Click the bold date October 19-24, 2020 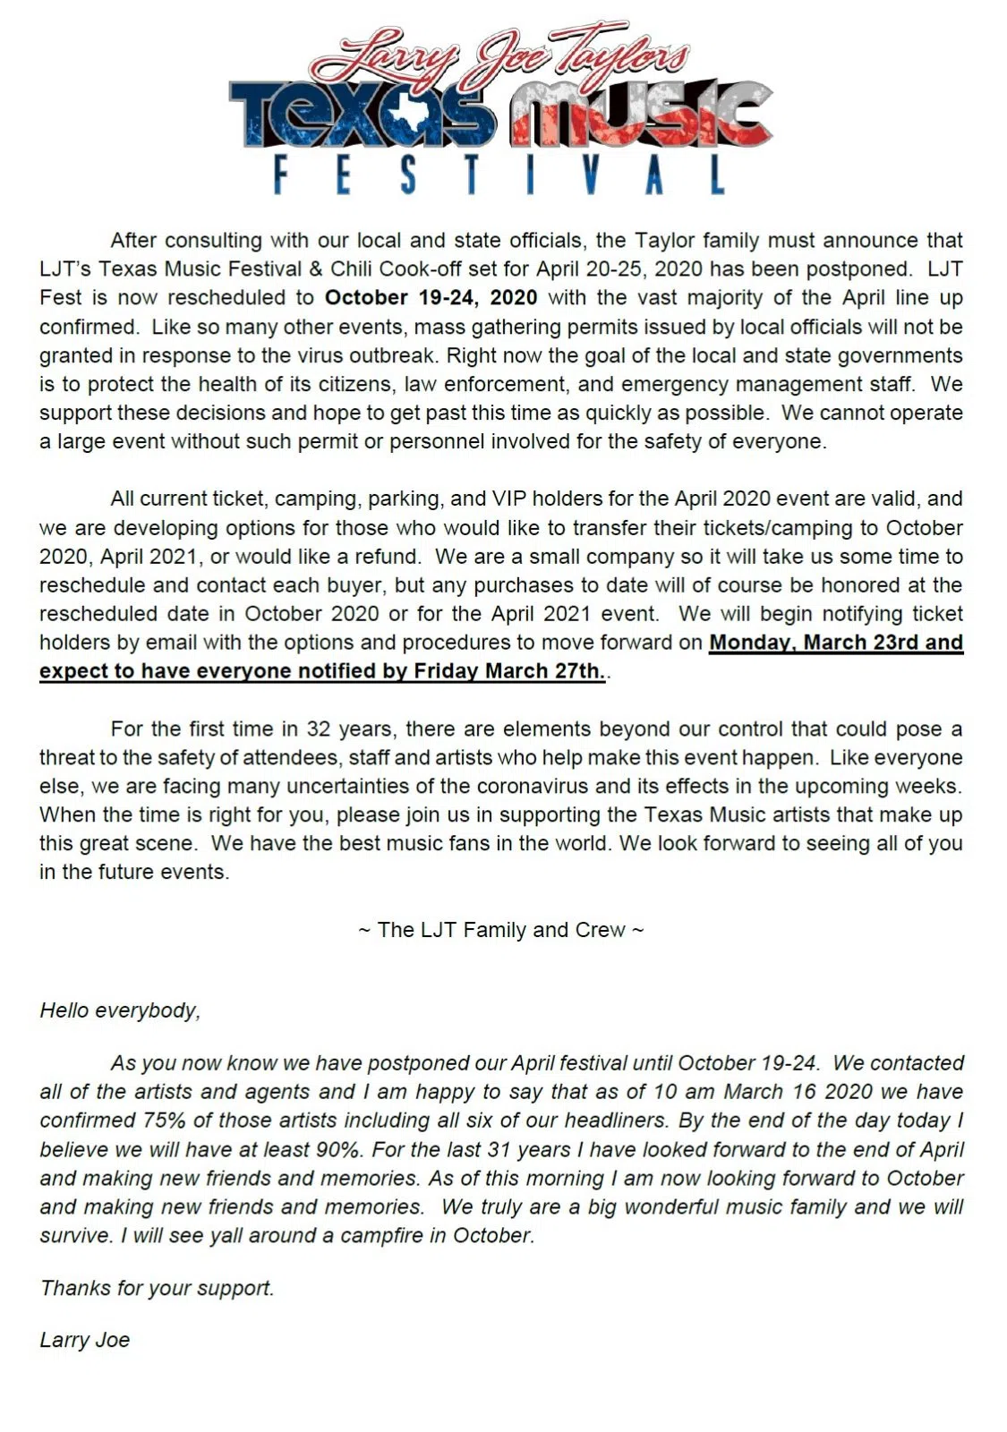431,297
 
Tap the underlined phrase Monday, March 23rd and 835,643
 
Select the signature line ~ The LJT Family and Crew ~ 500,930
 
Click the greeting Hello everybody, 120,1010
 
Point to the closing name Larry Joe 85,1340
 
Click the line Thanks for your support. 157,1288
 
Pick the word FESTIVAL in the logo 499,175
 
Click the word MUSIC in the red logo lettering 640,115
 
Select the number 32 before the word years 319,729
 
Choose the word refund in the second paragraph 388,556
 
